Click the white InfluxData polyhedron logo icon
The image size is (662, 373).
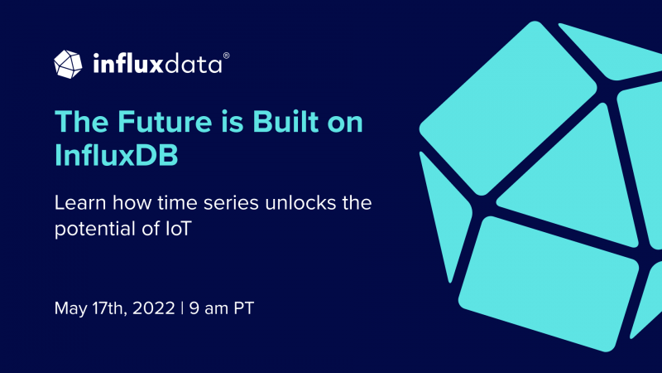68,65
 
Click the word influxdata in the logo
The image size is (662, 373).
157,64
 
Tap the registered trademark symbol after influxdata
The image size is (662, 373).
226,56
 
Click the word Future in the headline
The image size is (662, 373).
165,122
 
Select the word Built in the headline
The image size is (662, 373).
285,121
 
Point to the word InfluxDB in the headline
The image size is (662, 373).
117,155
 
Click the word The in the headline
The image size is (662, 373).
81,122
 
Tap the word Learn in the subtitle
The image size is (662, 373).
80,203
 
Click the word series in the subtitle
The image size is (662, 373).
231,203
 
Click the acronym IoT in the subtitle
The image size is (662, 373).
179,229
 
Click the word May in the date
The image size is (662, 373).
70,308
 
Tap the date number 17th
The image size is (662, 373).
109,308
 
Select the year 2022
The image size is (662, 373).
153,308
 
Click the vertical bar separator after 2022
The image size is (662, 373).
182,308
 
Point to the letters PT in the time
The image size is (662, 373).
243,308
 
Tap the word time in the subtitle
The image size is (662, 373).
176,203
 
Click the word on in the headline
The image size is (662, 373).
345,123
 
